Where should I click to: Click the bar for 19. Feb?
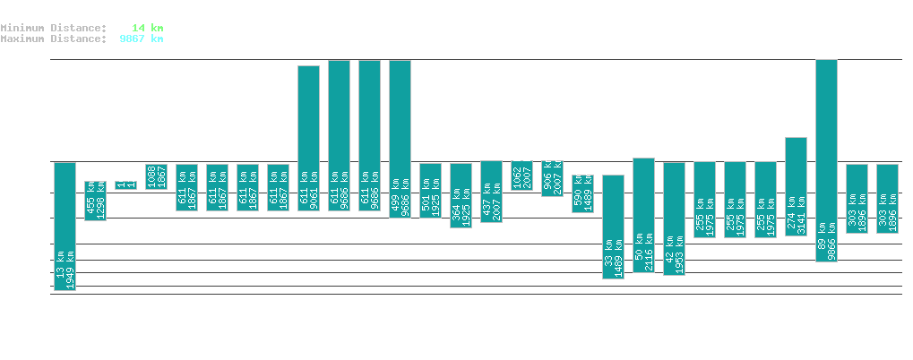(65, 226)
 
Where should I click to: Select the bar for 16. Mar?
(826, 160)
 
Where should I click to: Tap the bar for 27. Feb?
(308, 138)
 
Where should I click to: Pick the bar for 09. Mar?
(613, 227)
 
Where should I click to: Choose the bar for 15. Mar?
(796, 186)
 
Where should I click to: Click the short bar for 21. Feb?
(125, 185)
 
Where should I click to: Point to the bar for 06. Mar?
(521, 175)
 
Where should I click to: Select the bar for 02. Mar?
(400, 139)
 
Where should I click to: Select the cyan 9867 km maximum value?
(142, 39)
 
